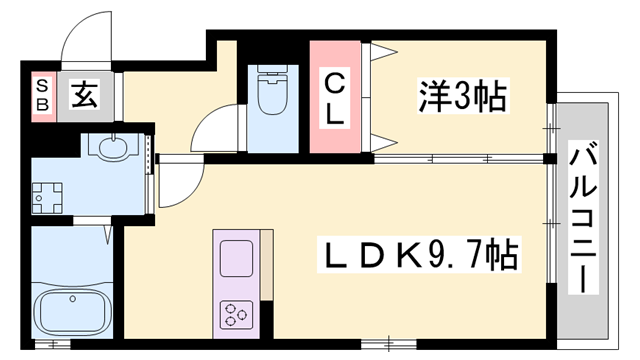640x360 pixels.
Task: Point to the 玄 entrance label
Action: tap(83, 96)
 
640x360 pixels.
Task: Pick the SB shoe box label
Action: tap(42, 97)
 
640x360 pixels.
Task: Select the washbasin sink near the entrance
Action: tap(109, 148)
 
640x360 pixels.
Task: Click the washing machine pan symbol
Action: tap(46, 197)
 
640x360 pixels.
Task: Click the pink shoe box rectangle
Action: tap(42, 97)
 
